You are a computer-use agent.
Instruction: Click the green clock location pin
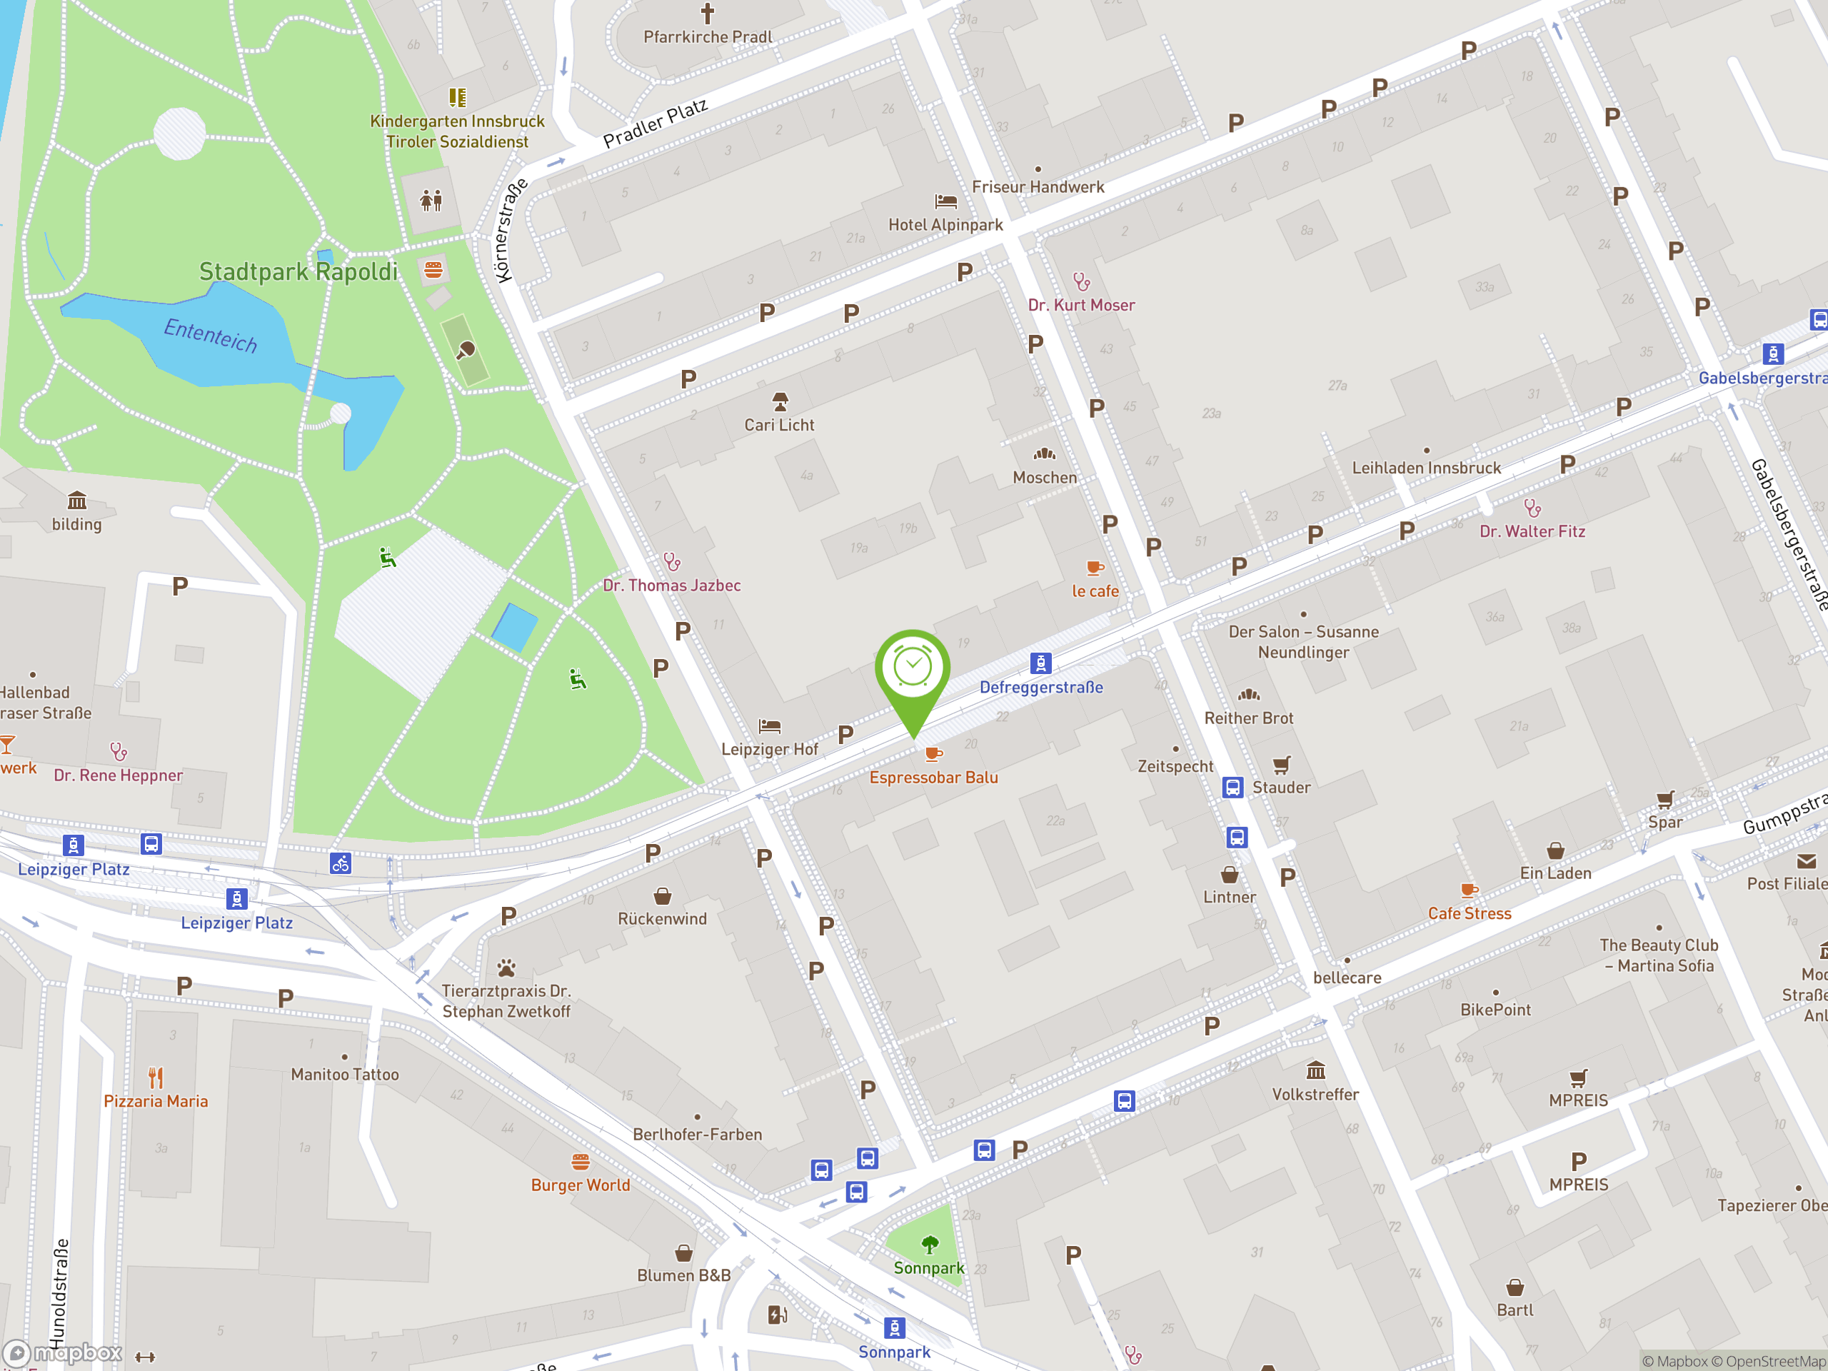point(913,669)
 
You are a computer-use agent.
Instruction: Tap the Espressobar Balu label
point(933,778)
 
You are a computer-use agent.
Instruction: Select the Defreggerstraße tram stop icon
point(1040,663)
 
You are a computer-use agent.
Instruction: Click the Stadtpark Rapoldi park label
point(298,272)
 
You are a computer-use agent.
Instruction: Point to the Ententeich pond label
point(211,335)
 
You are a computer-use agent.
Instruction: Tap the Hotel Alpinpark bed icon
point(945,201)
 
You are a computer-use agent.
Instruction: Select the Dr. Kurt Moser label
point(1081,305)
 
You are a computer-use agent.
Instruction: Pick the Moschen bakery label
point(1045,478)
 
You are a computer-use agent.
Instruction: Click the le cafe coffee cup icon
point(1095,568)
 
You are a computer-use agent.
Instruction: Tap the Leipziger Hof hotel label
point(769,750)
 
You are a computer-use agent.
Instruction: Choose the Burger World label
point(580,1185)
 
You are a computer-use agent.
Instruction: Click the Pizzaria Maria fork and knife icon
point(156,1077)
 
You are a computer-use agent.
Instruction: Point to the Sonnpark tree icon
point(930,1245)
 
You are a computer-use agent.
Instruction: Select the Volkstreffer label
point(1315,1094)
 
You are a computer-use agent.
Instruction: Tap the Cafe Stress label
point(1470,913)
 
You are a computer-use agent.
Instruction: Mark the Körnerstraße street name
point(510,231)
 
